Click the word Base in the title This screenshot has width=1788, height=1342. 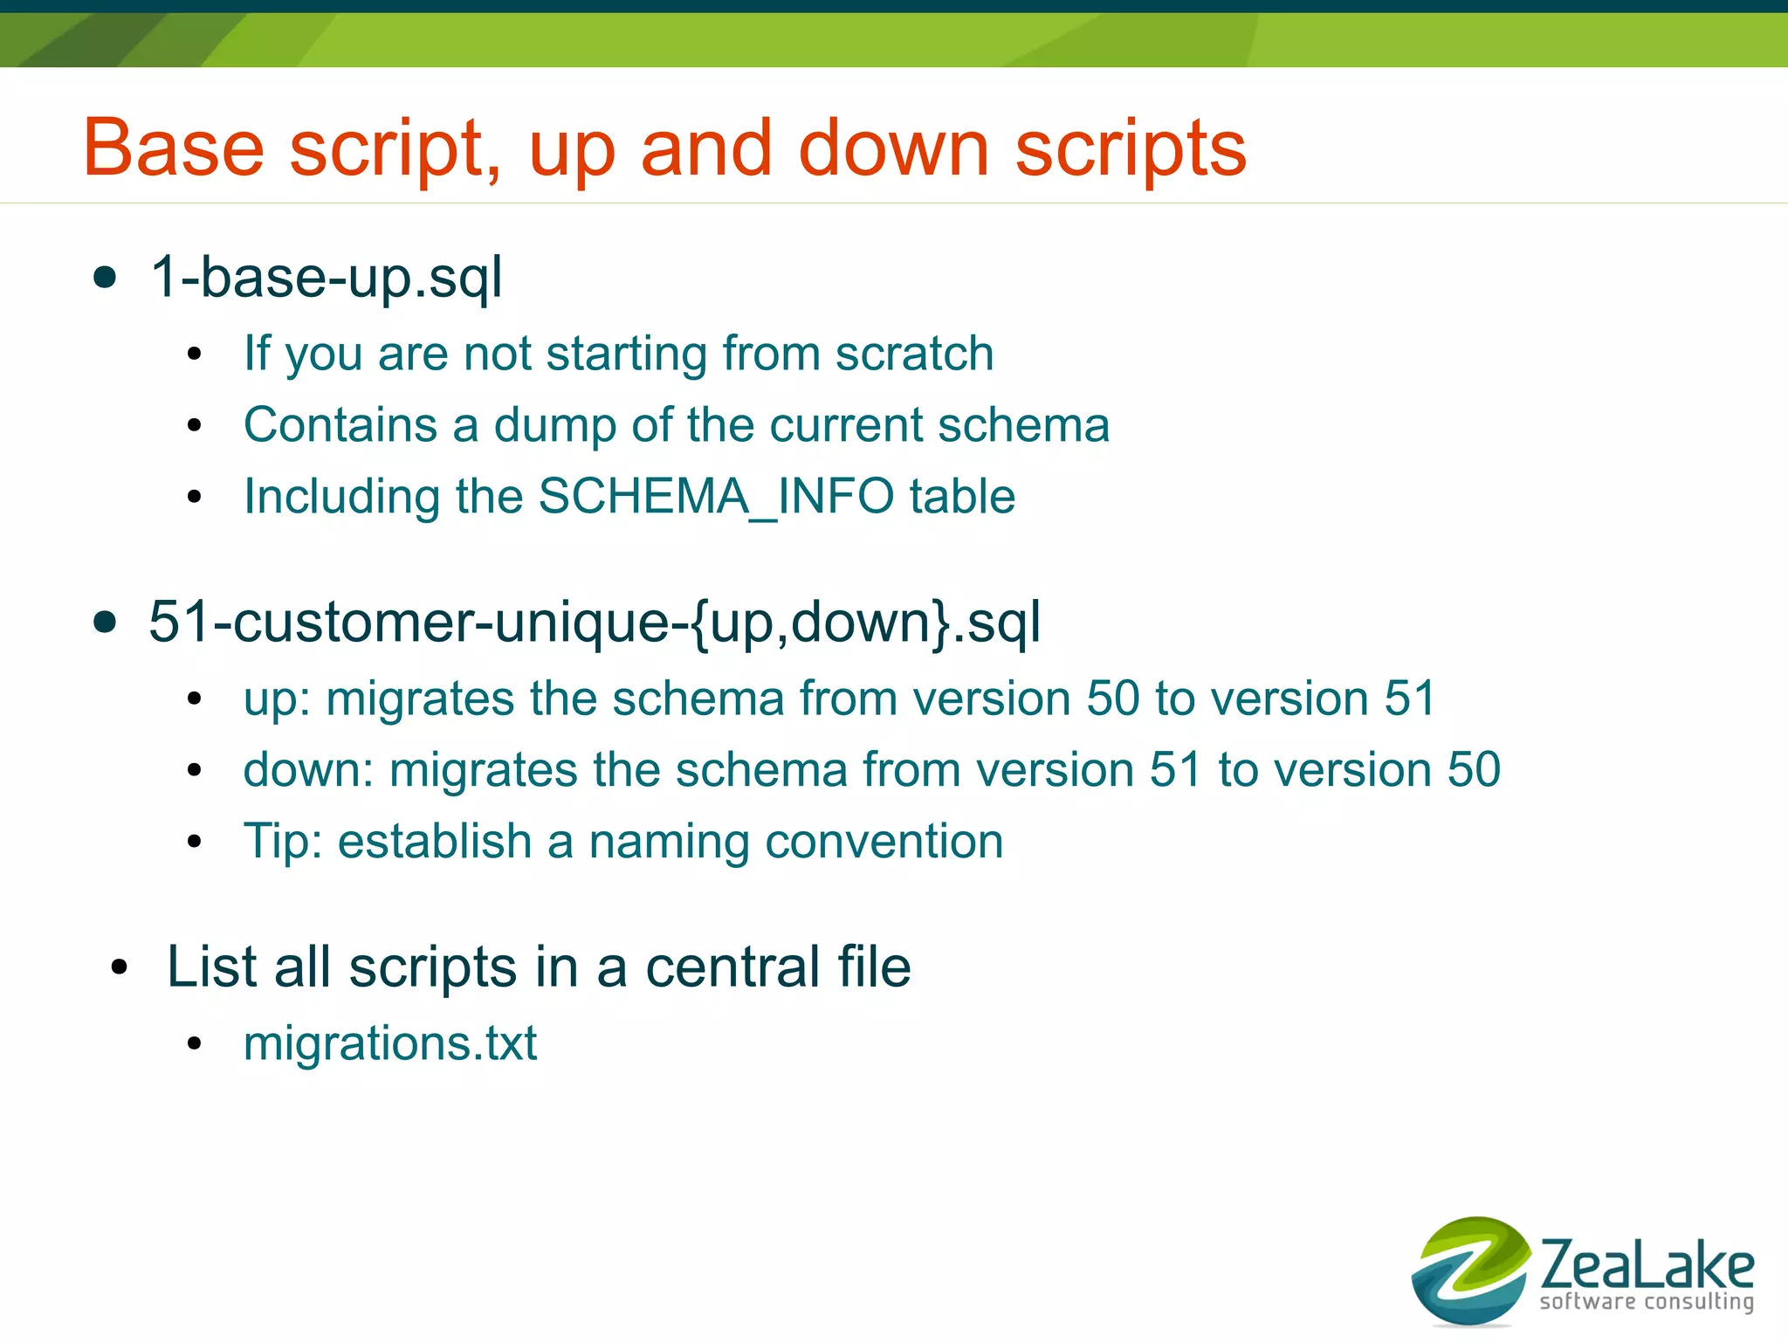tap(173, 148)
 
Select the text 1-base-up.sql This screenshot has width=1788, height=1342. tap(326, 278)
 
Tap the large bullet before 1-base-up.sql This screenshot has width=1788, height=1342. tap(105, 279)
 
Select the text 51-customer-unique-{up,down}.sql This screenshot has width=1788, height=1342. tap(594, 623)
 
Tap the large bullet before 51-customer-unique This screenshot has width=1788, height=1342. tap(105, 623)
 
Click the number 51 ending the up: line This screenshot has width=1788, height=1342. tap(1408, 699)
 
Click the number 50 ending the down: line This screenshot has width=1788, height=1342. tap(1473, 770)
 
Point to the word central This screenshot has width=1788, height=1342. tap(732, 967)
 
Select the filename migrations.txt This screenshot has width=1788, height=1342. tap(390, 1043)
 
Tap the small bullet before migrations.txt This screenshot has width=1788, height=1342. tap(194, 1044)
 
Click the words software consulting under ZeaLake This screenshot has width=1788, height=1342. tap(1646, 1302)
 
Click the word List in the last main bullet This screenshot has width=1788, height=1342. tap(210, 967)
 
